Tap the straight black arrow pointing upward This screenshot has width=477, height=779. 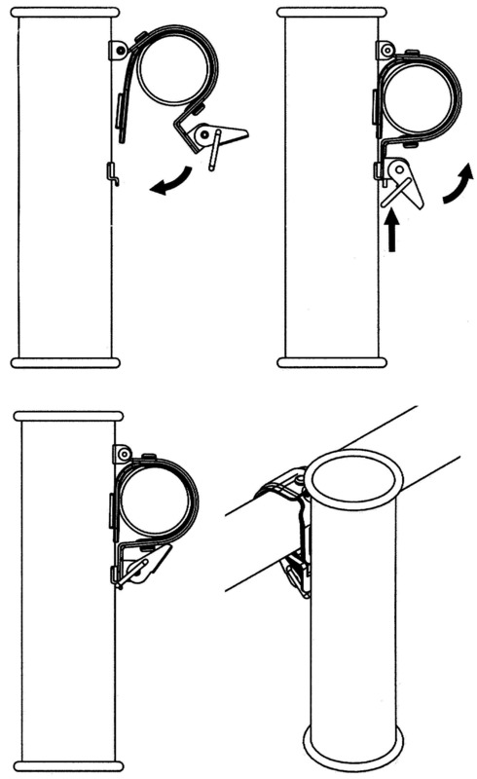pyautogui.click(x=391, y=233)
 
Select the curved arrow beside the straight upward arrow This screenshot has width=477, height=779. pyautogui.click(x=456, y=186)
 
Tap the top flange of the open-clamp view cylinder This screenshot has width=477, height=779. pyautogui.click(x=66, y=13)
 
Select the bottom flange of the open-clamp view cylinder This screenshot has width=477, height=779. pyautogui.click(x=66, y=362)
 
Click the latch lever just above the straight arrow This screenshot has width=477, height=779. pyautogui.click(x=402, y=184)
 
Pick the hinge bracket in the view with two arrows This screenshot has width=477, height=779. pyautogui.click(x=386, y=50)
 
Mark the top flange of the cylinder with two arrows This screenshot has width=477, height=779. pyautogui.click(x=332, y=13)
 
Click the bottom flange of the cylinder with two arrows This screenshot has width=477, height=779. pyautogui.click(x=332, y=362)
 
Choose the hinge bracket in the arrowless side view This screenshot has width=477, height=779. pyautogui.click(x=123, y=454)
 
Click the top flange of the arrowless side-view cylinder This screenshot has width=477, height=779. pyautogui.click(x=68, y=416)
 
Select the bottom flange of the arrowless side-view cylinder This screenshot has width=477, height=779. pyautogui.click(x=68, y=764)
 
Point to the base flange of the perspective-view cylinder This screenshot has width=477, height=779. pyautogui.click(x=353, y=750)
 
